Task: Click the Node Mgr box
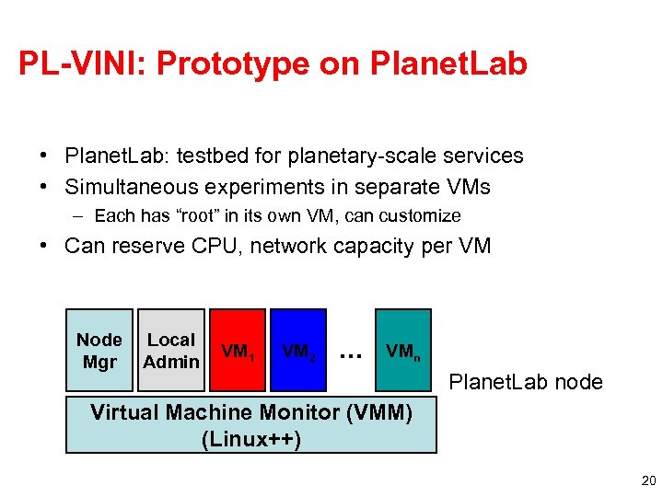(99, 351)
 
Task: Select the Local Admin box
(171, 351)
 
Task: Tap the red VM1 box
(238, 351)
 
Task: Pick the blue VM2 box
(299, 351)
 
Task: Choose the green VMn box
(403, 351)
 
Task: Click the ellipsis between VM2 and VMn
(349, 352)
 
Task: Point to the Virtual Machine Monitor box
(250, 424)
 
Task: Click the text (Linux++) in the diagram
(250, 438)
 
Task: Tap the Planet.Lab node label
(526, 381)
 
